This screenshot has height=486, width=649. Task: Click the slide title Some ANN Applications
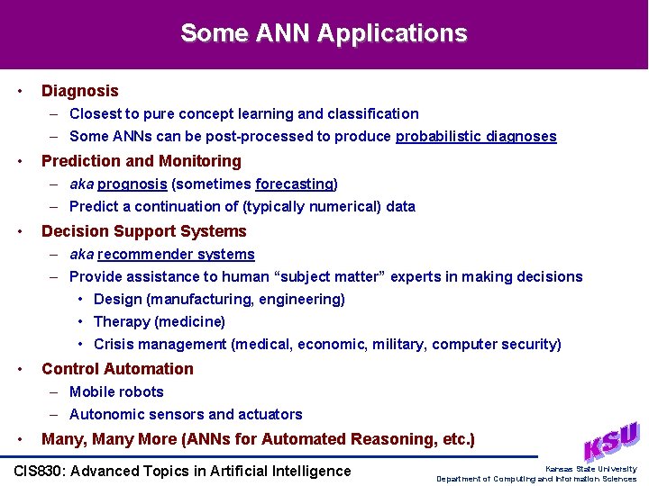pyautogui.click(x=324, y=33)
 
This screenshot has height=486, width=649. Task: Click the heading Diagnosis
pyautogui.click(x=79, y=91)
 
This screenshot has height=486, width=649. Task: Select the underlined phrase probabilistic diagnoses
pyautogui.click(x=476, y=137)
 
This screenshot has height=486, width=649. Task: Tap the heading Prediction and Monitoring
pyautogui.click(x=142, y=161)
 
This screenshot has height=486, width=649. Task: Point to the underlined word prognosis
pyautogui.click(x=132, y=184)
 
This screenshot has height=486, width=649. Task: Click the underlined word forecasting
pyautogui.click(x=294, y=184)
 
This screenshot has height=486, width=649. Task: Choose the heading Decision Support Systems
pyautogui.click(x=143, y=231)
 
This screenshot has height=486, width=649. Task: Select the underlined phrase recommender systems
pyautogui.click(x=176, y=255)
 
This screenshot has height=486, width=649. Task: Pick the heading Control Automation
pyautogui.click(x=117, y=369)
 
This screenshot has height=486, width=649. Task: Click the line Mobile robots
pyautogui.click(x=116, y=392)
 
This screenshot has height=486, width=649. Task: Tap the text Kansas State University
pyautogui.click(x=590, y=469)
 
